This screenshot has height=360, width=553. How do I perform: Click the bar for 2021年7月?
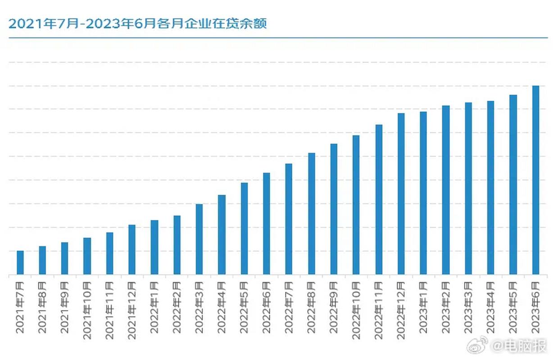tap(20, 262)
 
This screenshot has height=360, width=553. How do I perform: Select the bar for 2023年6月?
tap(535, 180)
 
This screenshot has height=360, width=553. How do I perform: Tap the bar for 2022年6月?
tap(267, 224)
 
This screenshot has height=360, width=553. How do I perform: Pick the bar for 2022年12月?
tap(401, 193)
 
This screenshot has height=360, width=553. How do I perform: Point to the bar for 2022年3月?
tap(199, 239)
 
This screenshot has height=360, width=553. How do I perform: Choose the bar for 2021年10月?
tap(87, 256)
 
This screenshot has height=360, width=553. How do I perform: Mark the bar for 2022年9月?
tap(334, 209)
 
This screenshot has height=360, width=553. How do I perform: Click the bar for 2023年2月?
tap(446, 190)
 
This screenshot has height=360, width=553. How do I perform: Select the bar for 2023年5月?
tap(513, 184)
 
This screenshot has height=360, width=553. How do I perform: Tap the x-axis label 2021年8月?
tap(42, 307)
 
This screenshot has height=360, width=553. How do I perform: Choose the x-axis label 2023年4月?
tap(490, 307)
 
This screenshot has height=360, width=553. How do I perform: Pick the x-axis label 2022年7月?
tap(289, 307)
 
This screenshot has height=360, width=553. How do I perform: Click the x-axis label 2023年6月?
tap(535, 307)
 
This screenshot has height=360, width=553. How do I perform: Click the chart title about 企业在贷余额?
tap(138, 23)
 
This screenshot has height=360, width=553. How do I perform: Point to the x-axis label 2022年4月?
tap(222, 307)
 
